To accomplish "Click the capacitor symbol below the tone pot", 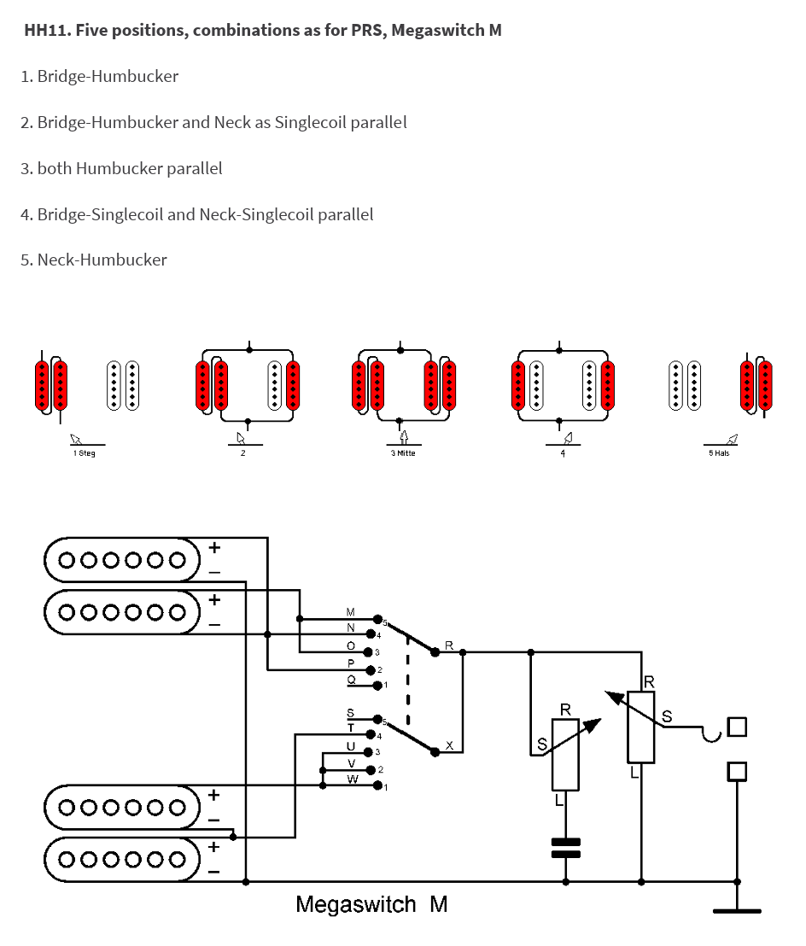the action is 566,848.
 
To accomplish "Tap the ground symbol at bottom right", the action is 737,910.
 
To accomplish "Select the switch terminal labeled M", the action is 377,619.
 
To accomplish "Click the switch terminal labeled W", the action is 377,785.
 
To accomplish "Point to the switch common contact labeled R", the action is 435,652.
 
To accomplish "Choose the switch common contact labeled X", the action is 435,751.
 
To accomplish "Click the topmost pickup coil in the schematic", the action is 122,560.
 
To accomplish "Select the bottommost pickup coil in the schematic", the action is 122,859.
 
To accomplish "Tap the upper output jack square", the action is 737,727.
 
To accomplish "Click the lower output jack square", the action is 737,771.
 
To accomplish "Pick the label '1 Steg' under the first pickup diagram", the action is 85,453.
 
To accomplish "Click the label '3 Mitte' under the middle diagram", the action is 403,453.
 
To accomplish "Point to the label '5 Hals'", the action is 719,453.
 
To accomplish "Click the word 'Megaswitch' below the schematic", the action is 356,904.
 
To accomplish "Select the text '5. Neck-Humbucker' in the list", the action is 94,260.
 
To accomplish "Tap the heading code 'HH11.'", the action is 48,30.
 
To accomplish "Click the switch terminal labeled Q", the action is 377,686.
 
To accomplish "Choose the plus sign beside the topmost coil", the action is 214,548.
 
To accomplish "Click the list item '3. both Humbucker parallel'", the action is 121,168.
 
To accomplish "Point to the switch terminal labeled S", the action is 377,719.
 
